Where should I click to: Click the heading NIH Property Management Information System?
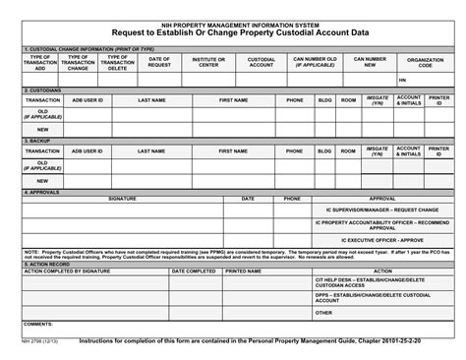click(233, 20)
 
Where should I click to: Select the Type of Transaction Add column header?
click(40, 64)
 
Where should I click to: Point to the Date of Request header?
click(159, 61)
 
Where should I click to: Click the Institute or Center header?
click(208, 61)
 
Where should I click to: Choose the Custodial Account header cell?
click(261, 61)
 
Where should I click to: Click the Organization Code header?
click(424, 61)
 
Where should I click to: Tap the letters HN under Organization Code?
click(403, 79)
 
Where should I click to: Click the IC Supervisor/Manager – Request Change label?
click(375, 210)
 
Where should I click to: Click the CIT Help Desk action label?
click(375, 281)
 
